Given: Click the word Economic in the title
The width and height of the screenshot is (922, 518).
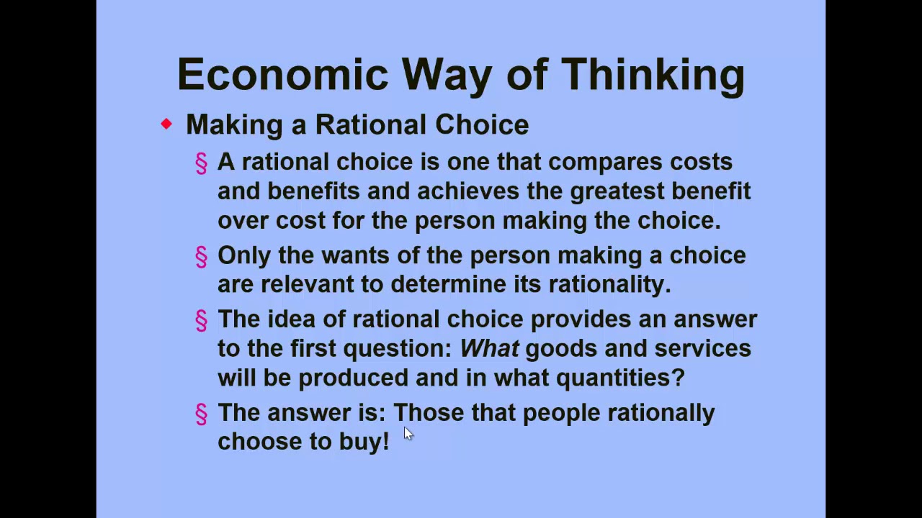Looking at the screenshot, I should tap(283, 75).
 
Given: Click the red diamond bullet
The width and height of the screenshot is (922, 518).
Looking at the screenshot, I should tap(166, 124).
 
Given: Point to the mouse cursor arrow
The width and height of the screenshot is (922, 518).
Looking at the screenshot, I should tap(408, 432).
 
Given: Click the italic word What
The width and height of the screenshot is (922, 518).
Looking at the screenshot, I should tap(489, 349).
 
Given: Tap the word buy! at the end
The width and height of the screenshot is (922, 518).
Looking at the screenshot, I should tap(364, 442).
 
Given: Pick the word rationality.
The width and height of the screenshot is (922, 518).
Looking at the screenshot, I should tap(609, 284).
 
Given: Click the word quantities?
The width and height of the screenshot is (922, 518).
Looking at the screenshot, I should tap(619, 378).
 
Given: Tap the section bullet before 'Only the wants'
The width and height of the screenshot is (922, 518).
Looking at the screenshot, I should tap(202, 257).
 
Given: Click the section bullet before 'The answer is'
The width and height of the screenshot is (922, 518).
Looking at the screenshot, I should tap(202, 414).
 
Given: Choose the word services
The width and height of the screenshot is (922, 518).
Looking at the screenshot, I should tap(702, 349).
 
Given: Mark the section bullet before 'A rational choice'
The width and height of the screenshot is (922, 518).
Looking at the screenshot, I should tap(202, 163).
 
